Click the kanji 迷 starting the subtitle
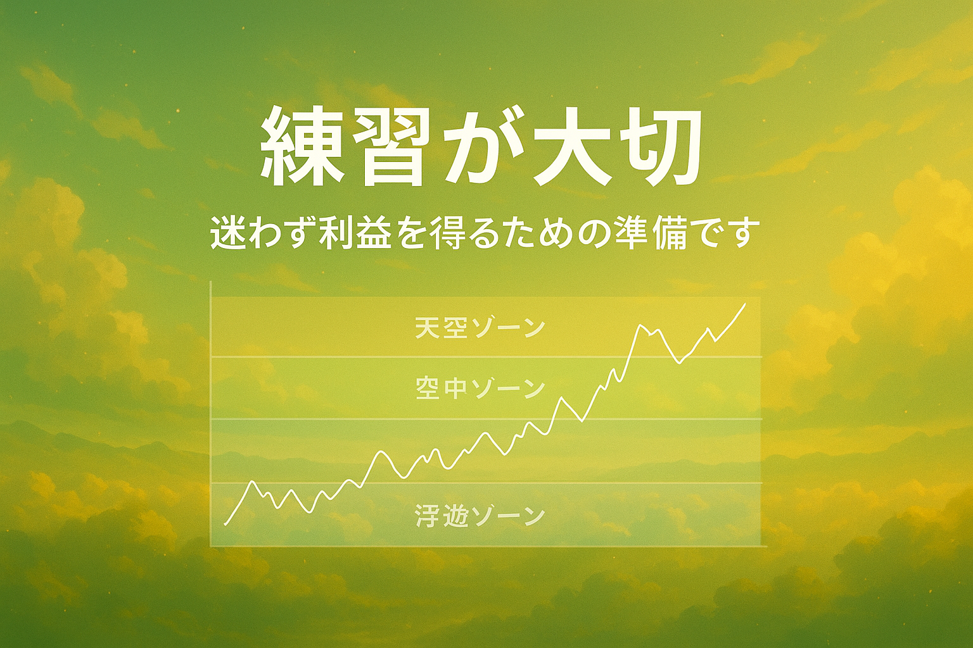(226, 235)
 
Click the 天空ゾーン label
(479, 328)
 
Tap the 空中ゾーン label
(479, 389)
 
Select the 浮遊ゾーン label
(480, 516)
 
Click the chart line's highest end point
(746, 304)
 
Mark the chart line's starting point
(225, 525)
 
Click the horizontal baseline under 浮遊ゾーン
(486, 545)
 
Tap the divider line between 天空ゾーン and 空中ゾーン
(486, 357)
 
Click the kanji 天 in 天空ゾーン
(426, 328)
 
